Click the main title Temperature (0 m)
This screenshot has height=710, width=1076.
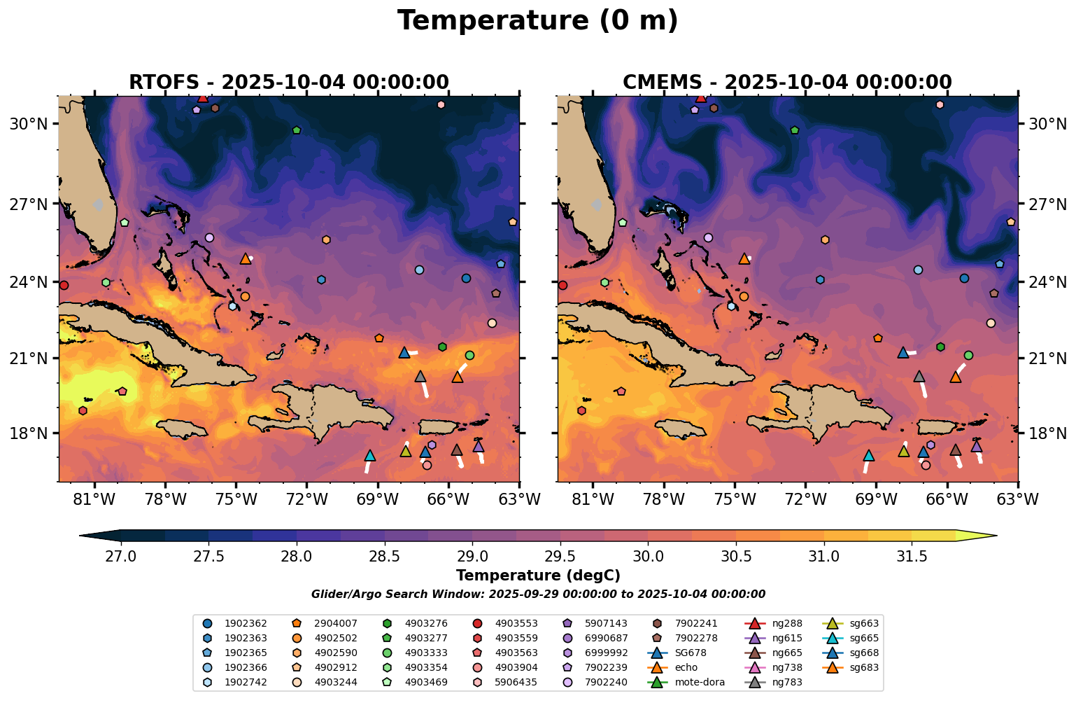pyautogui.click(x=537, y=21)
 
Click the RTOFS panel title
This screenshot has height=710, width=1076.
pyautogui.click(x=288, y=83)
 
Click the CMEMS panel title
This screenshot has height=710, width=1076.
pyautogui.click(x=787, y=83)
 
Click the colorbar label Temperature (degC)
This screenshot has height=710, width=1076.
pyautogui.click(x=537, y=576)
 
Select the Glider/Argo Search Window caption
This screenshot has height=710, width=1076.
pyautogui.click(x=537, y=594)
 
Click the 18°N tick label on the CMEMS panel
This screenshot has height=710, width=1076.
pyautogui.click(x=1047, y=433)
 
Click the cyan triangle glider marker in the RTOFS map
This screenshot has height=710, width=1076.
pyautogui.click(x=370, y=456)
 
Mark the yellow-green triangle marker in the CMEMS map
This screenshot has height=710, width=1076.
pyautogui.click(x=904, y=451)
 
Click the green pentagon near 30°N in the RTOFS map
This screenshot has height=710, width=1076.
pyautogui.click(x=297, y=130)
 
